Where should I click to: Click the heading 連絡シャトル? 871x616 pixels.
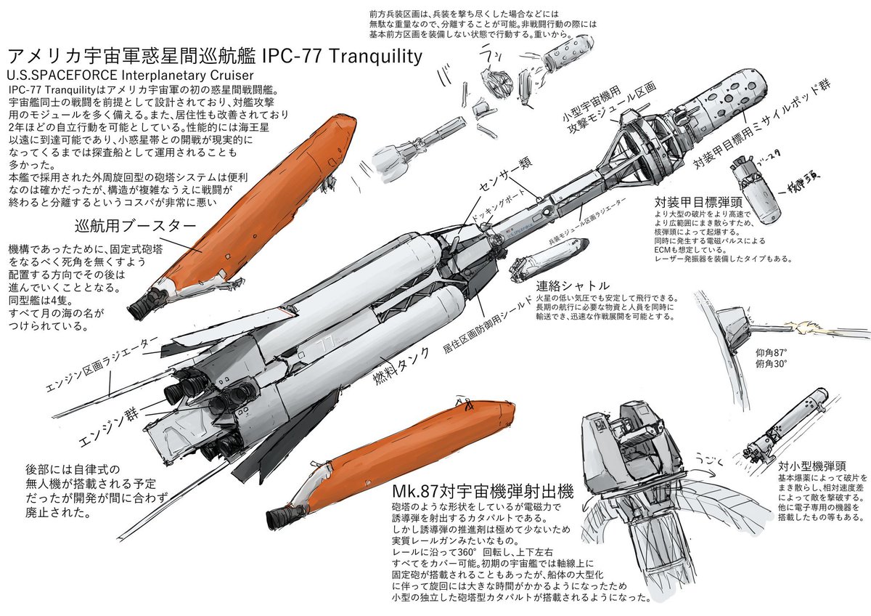pyautogui.click(x=573, y=285)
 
